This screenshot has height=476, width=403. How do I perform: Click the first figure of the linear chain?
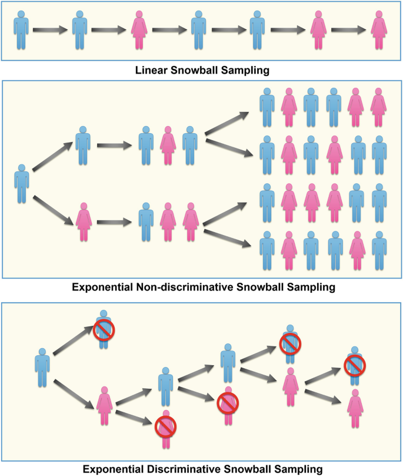tap(21, 29)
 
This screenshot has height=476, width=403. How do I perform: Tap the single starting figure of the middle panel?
tap(22, 183)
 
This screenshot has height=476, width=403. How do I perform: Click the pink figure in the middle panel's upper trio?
tap(168, 144)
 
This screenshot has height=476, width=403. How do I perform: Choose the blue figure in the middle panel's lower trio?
tap(146, 222)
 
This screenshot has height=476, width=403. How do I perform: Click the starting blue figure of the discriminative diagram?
tap(42, 368)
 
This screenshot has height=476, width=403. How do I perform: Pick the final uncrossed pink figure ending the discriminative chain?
tap(355, 411)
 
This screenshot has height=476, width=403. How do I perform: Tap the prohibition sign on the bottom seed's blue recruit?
tap(104, 330)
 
